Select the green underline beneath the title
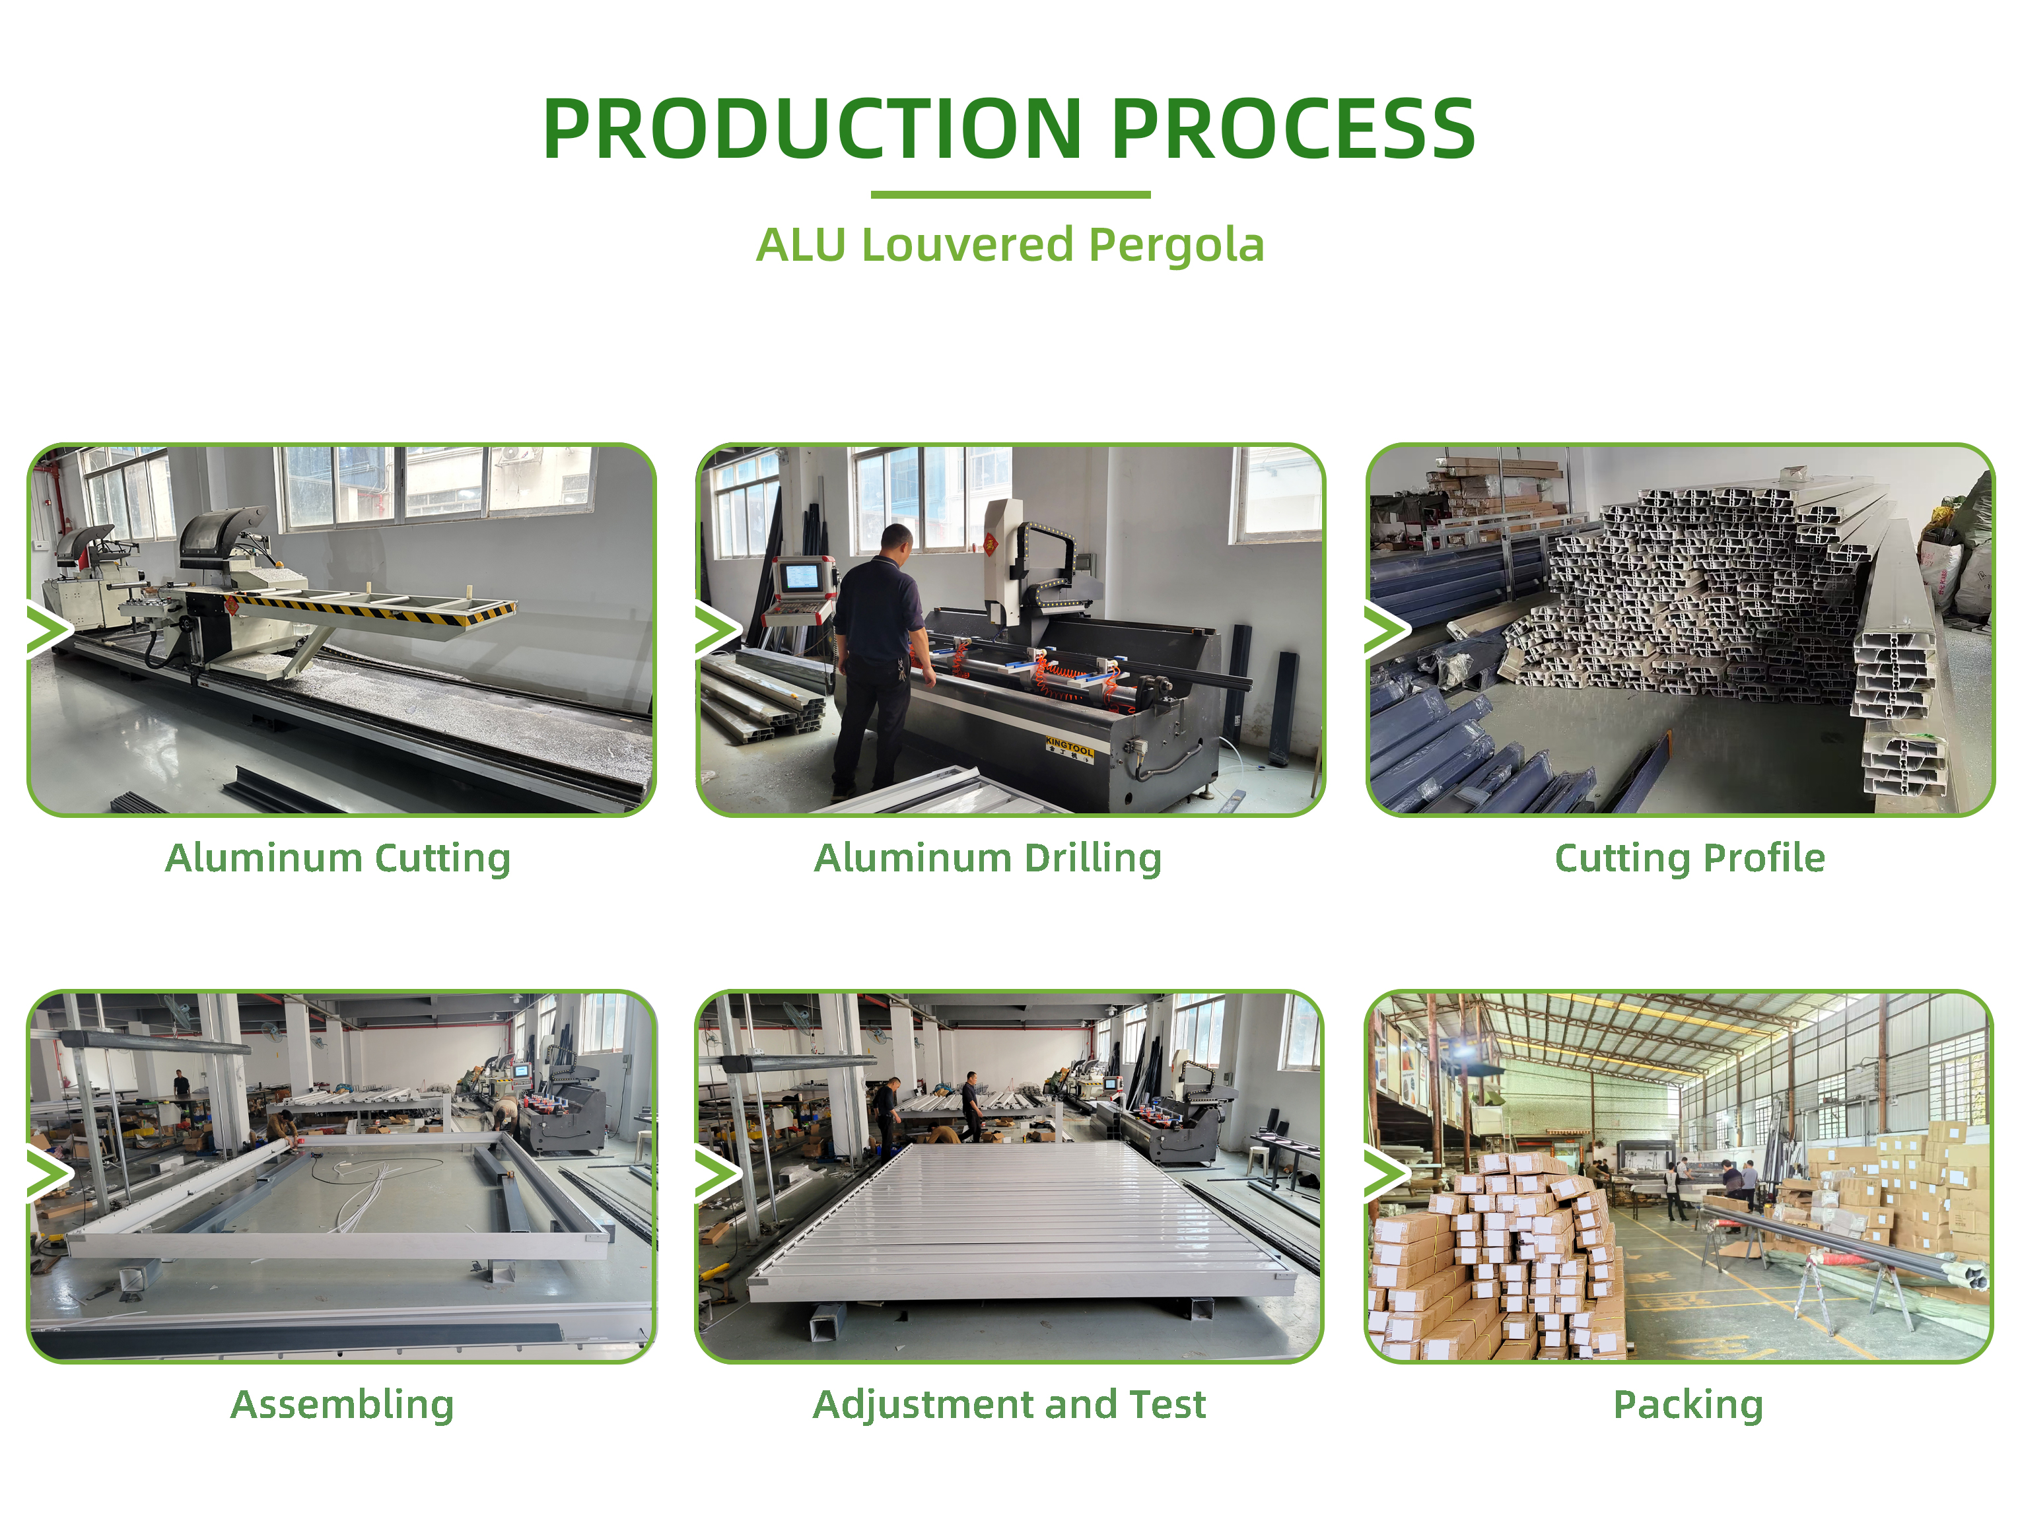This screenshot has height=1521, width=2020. [1010, 195]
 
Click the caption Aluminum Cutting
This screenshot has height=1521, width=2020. [338, 859]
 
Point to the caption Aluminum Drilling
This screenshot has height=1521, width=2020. [987, 859]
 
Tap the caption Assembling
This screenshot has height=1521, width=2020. [343, 1405]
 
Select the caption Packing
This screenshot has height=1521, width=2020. [1688, 1405]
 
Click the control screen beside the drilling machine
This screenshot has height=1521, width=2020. [801, 577]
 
